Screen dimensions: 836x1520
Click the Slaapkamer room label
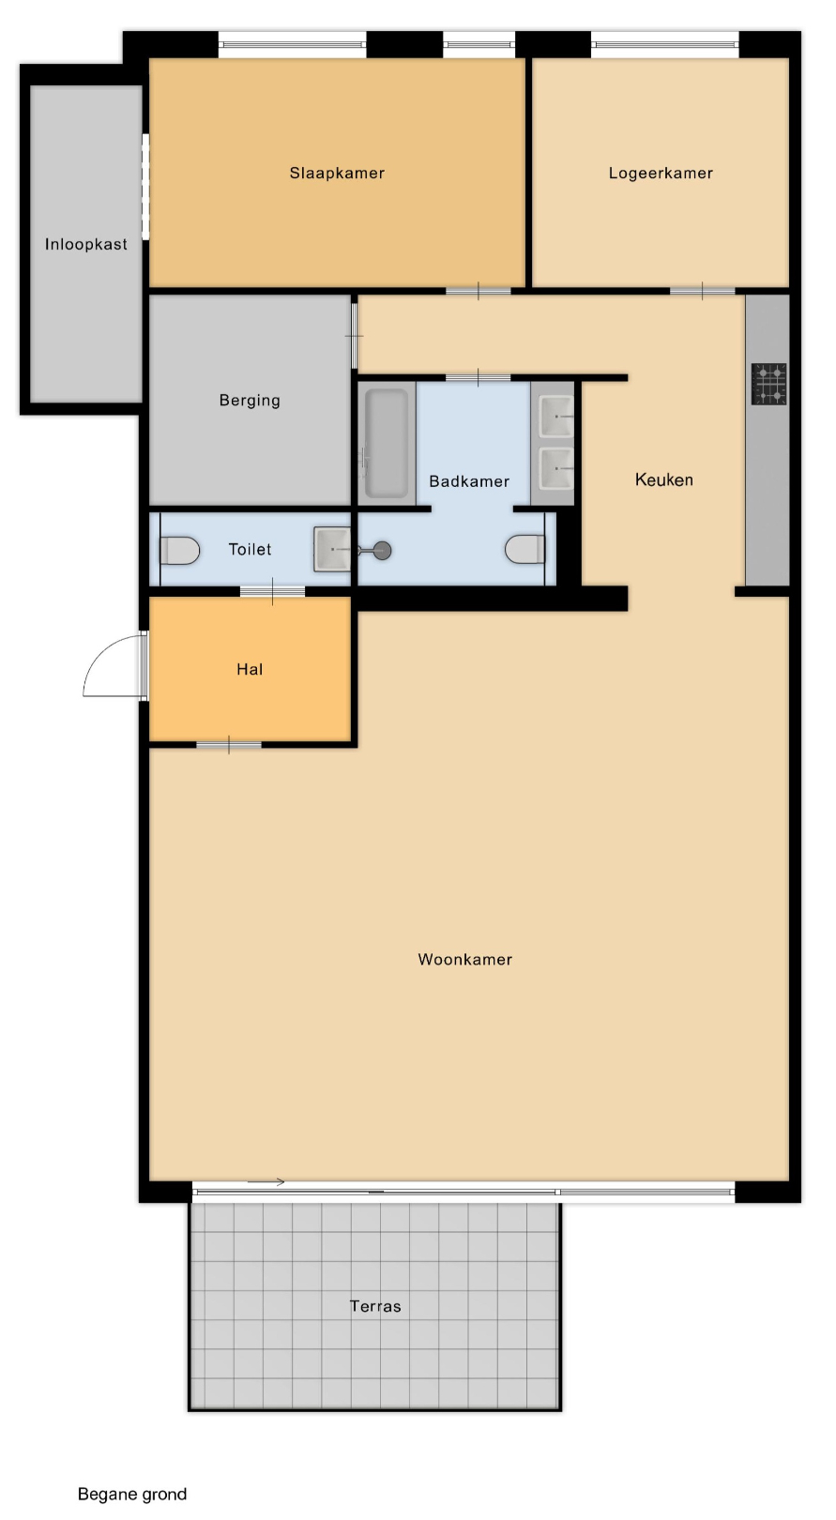337,173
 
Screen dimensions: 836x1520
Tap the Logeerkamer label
661,173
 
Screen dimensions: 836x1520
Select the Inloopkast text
86,244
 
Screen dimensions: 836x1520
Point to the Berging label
250,401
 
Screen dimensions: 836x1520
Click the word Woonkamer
464,960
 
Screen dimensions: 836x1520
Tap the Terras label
375,1306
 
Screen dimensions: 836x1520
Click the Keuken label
663,479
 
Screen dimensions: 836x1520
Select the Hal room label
250,670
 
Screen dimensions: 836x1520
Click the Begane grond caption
132,1494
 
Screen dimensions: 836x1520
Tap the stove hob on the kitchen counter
768,384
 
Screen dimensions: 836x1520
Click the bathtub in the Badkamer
387,443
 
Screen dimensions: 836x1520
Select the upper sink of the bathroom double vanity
555,417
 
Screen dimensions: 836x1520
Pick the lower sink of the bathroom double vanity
555,467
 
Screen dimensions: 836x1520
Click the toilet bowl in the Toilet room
179,551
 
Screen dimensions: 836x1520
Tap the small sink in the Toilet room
332,549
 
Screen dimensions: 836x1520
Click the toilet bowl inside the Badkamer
525,549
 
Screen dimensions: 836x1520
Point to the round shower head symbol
383,551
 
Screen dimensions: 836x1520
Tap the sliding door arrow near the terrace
266,1182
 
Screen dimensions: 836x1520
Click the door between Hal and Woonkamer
229,745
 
